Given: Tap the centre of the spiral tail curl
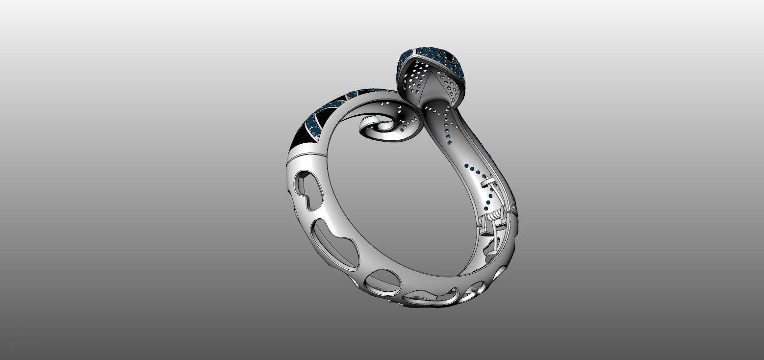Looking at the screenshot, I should click(378, 129).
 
